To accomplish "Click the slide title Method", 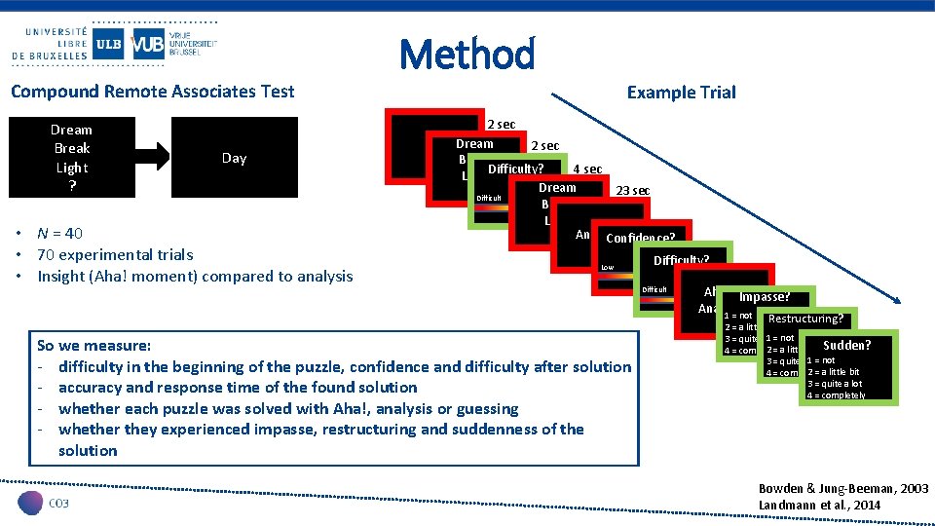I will click(x=467, y=54).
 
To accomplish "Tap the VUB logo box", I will click(x=147, y=43).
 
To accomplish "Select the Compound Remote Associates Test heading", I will click(x=152, y=92).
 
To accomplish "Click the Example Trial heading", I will click(x=681, y=93).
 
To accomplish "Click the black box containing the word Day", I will click(x=234, y=158).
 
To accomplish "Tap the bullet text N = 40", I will click(x=59, y=233).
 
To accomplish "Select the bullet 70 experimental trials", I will click(x=115, y=254).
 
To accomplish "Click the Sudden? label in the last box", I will click(x=846, y=345).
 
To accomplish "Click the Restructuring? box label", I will click(x=805, y=319).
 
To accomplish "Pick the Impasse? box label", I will click(x=764, y=297).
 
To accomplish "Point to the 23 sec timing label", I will click(x=632, y=191).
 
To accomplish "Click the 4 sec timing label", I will click(x=587, y=169).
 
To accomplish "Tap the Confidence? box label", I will click(x=640, y=239).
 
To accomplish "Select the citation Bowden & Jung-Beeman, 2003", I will click(x=842, y=488).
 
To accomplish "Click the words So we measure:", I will click(x=93, y=345).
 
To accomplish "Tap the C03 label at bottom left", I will click(x=58, y=502).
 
